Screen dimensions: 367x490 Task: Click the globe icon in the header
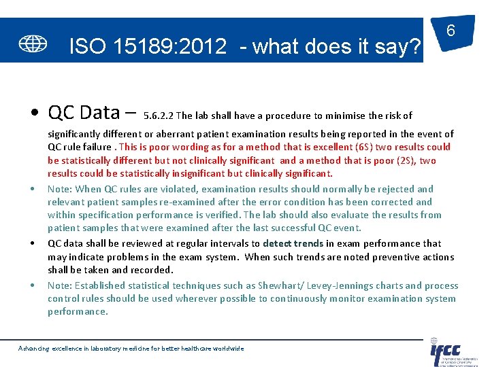[x=33, y=43]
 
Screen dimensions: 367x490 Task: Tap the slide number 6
[x=451, y=31]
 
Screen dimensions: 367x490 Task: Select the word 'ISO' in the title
[x=87, y=46]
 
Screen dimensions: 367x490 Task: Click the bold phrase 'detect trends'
[x=293, y=243]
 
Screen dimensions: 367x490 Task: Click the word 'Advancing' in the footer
[x=34, y=348]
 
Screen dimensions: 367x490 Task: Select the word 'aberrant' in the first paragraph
[x=167, y=134]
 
